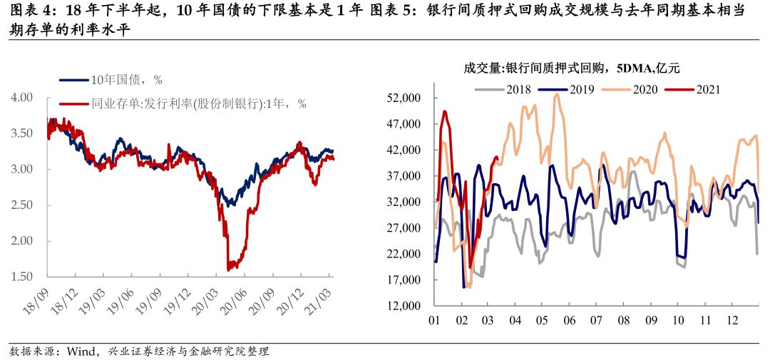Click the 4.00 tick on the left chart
(x=23, y=98)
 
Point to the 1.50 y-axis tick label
(x=23, y=277)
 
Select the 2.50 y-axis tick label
(x=23, y=205)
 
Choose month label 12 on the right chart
(x=731, y=320)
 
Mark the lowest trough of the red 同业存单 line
(x=229, y=269)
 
